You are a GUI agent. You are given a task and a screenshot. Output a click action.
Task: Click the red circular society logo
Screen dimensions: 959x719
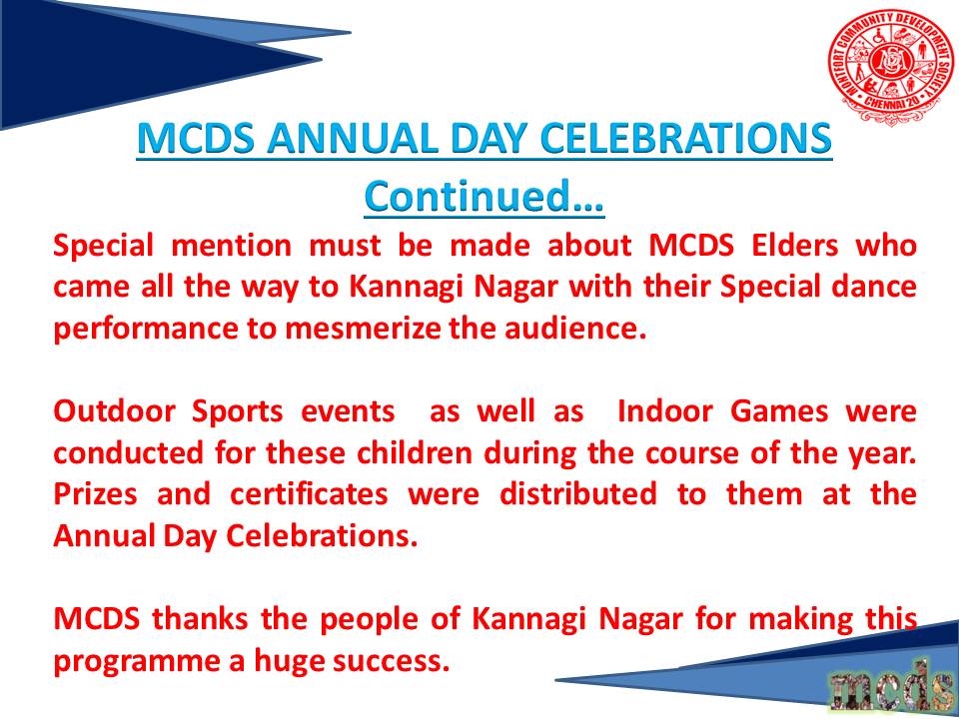(892, 67)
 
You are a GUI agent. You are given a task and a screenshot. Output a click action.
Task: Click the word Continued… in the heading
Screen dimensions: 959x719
(483, 196)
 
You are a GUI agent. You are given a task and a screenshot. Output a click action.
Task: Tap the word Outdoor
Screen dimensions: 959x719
(114, 411)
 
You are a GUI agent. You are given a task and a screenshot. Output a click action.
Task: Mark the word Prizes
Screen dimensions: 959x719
(96, 494)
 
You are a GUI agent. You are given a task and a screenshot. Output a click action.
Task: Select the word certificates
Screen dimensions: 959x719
(309, 494)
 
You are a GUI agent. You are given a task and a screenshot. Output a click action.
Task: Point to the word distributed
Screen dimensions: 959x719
(578, 494)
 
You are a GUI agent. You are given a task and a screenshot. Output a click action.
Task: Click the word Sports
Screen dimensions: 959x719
(238, 412)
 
